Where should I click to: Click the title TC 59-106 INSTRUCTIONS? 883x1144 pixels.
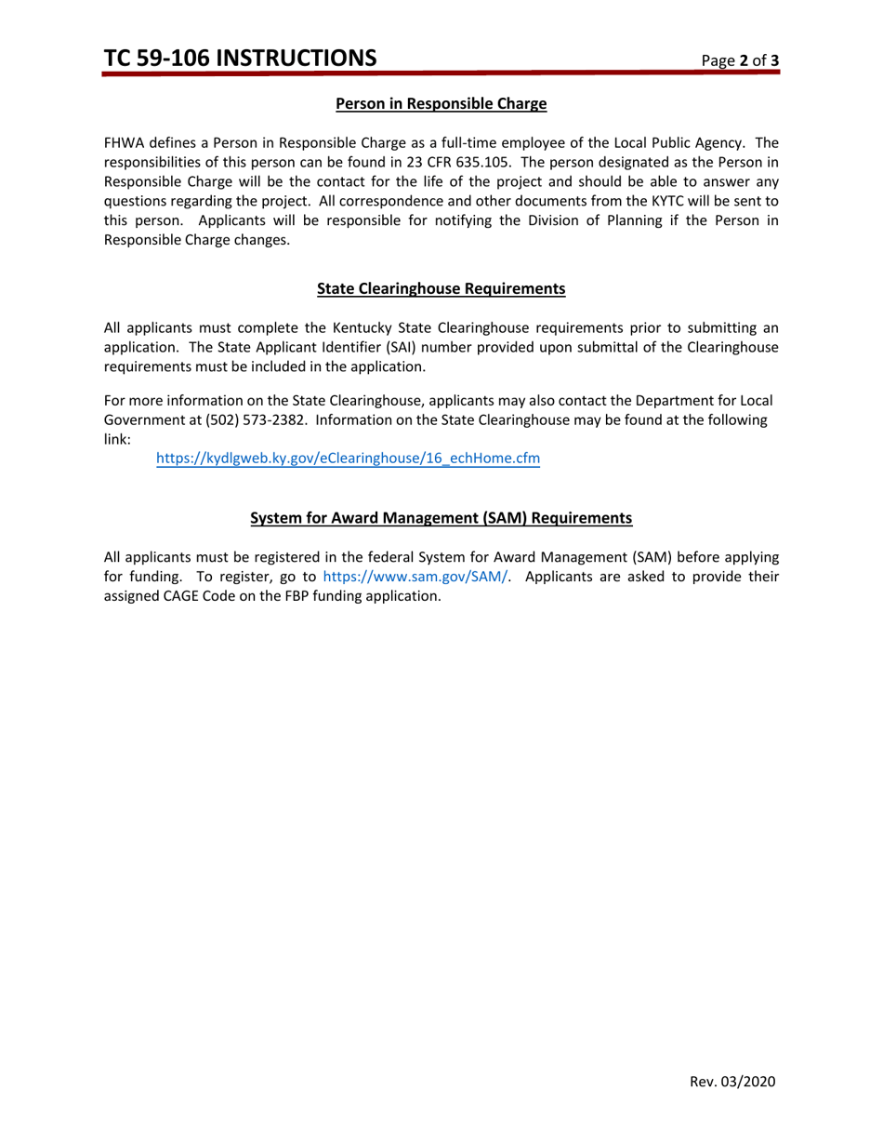(241, 59)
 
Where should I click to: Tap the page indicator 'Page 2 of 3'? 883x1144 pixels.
(740, 61)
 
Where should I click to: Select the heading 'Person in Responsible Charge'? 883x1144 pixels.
(441, 104)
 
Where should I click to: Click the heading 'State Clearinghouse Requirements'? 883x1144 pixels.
(441, 288)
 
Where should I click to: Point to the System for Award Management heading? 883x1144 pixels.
(441, 518)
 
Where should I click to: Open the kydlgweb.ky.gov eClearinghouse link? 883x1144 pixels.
(348, 459)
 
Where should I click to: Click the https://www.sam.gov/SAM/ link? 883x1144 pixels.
(415, 577)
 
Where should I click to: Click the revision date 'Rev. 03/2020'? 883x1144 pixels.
(732, 1081)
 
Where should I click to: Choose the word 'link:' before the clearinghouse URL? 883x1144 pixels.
(117, 440)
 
